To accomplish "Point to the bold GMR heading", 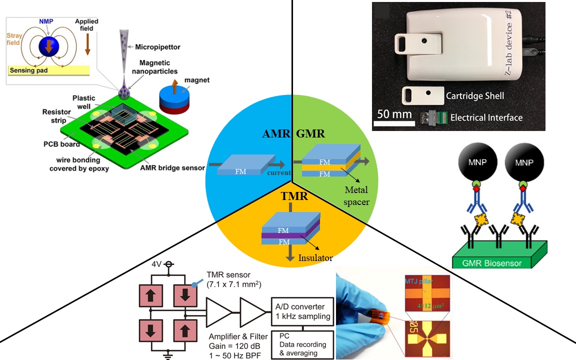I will tap(310, 133).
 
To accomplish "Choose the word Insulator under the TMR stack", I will tap(315, 258).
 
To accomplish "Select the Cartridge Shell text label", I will tap(475, 95).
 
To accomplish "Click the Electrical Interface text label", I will tap(486, 118).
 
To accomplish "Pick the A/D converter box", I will tap(302, 311).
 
